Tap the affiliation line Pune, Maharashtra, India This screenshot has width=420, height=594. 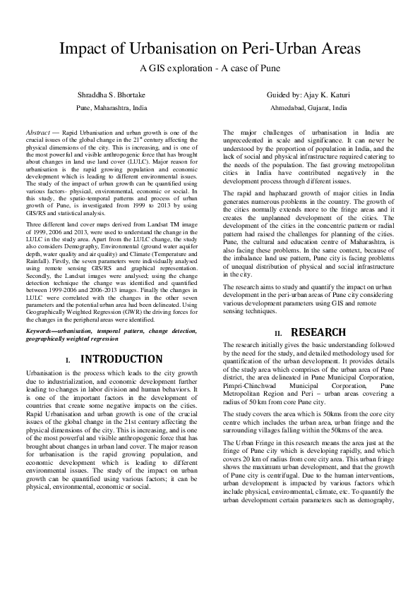click(x=112, y=109)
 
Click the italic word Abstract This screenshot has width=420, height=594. click(x=37, y=132)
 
